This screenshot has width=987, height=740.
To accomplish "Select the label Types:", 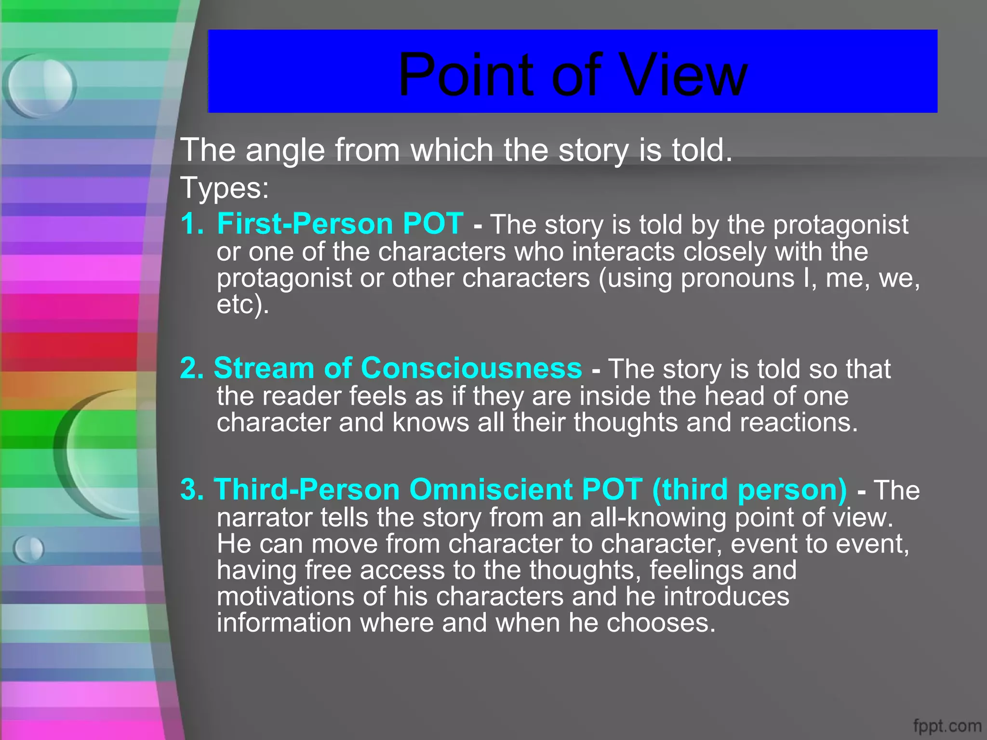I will (x=225, y=188).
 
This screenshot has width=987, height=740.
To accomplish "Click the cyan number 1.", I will (x=191, y=224).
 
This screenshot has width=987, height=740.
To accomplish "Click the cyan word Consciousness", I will (x=471, y=369).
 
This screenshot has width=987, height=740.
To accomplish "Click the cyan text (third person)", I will (x=749, y=490).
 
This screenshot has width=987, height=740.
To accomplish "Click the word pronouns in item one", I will (x=737, y=279).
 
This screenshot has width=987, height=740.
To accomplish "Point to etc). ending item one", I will (x=242, y=305).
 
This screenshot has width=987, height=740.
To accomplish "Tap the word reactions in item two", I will (x=798, y=423).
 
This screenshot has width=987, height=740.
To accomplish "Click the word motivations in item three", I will (x=285, y=596).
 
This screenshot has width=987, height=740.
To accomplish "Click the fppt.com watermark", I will (x=947, y=726).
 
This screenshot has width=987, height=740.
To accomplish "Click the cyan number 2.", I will (x=192, y=369).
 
